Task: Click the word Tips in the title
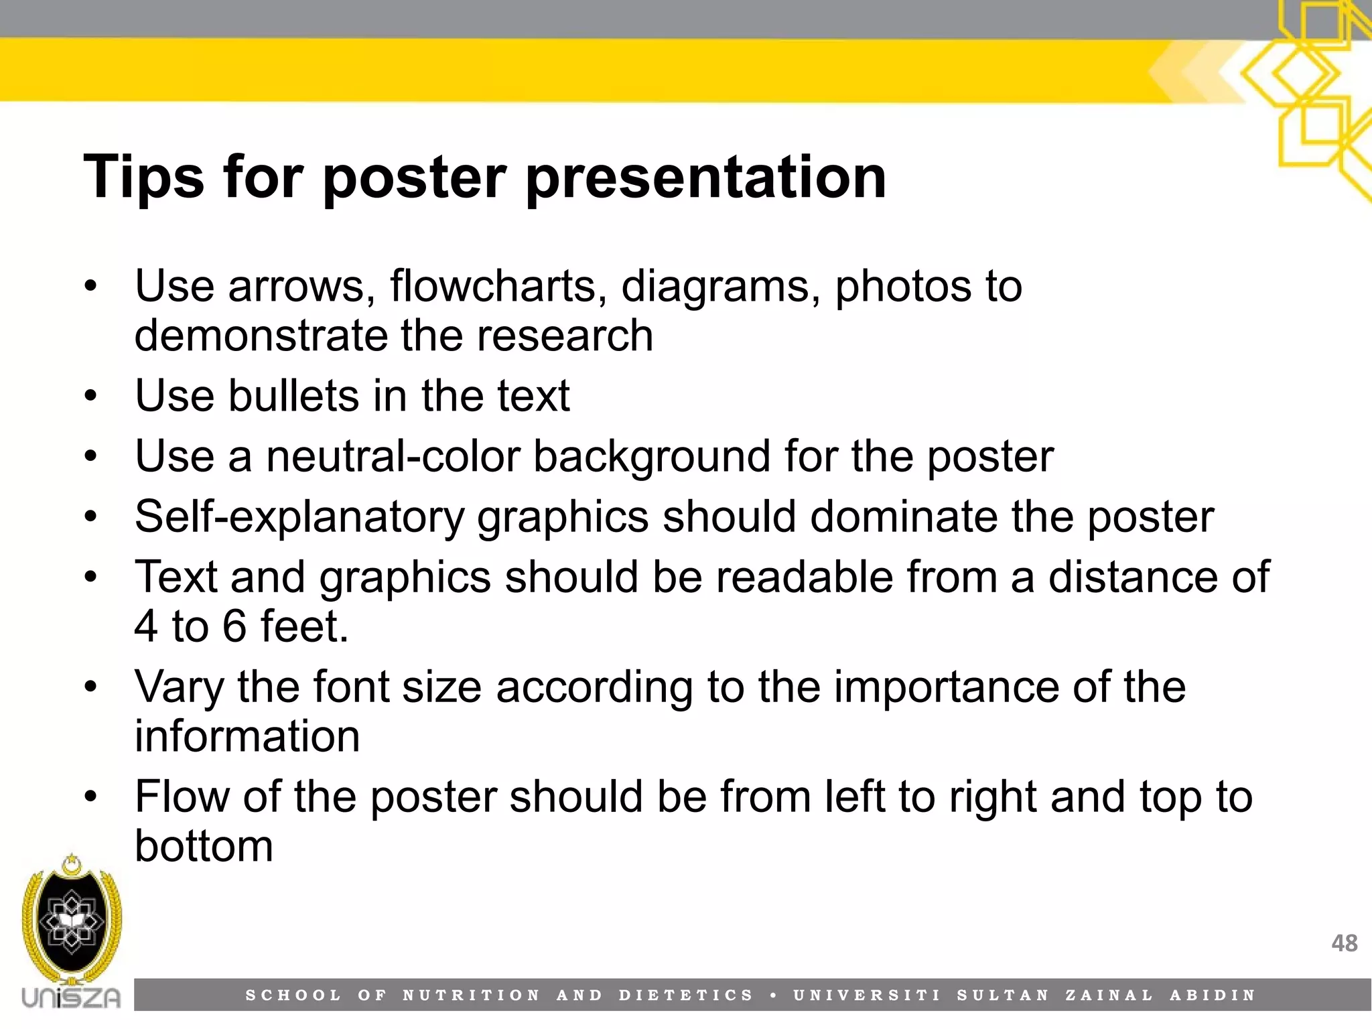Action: pyautogui.click(x=143, y=178)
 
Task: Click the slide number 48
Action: pyautogui.click(x=1344, y=943)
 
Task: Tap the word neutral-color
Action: pyautogui.click(x=393, y=456)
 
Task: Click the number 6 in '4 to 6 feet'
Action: pyautogui.click(x=234, y=626)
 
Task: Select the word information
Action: pyautogui.click(x=247, y=736)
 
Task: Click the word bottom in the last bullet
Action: pyautogui.click(x=204, y=845)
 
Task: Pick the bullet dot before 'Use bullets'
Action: pyautogui.click(x=91, y=397)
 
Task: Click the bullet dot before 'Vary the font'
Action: pyautogui.click(x=91, y=687)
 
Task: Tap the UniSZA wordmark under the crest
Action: pyautogui.click(x=71, y=998)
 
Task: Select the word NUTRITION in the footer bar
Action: pyautogui.click(x=471, y=996)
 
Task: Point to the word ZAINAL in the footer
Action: pyautogui.click(x=1109, y=996)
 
